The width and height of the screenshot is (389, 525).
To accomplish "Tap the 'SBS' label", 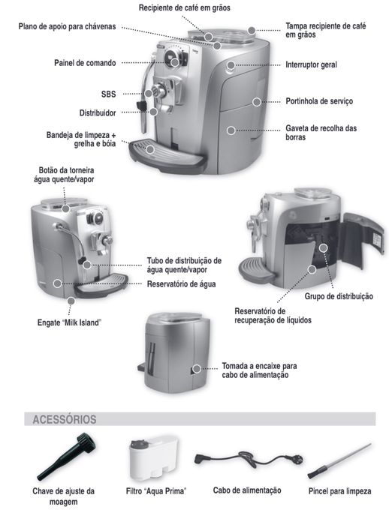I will tap(108, 95).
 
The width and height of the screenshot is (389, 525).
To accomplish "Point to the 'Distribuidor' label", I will tap(97, 113).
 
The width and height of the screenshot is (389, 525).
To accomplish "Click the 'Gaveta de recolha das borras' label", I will tap(321, 133).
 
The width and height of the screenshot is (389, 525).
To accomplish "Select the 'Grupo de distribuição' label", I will tap(338, 296).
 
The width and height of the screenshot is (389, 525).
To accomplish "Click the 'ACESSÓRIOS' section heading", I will tap(65, 419).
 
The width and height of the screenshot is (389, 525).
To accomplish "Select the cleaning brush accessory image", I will tap(338, 460).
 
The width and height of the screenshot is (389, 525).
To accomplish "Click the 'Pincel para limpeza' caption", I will tap(339, 490).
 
